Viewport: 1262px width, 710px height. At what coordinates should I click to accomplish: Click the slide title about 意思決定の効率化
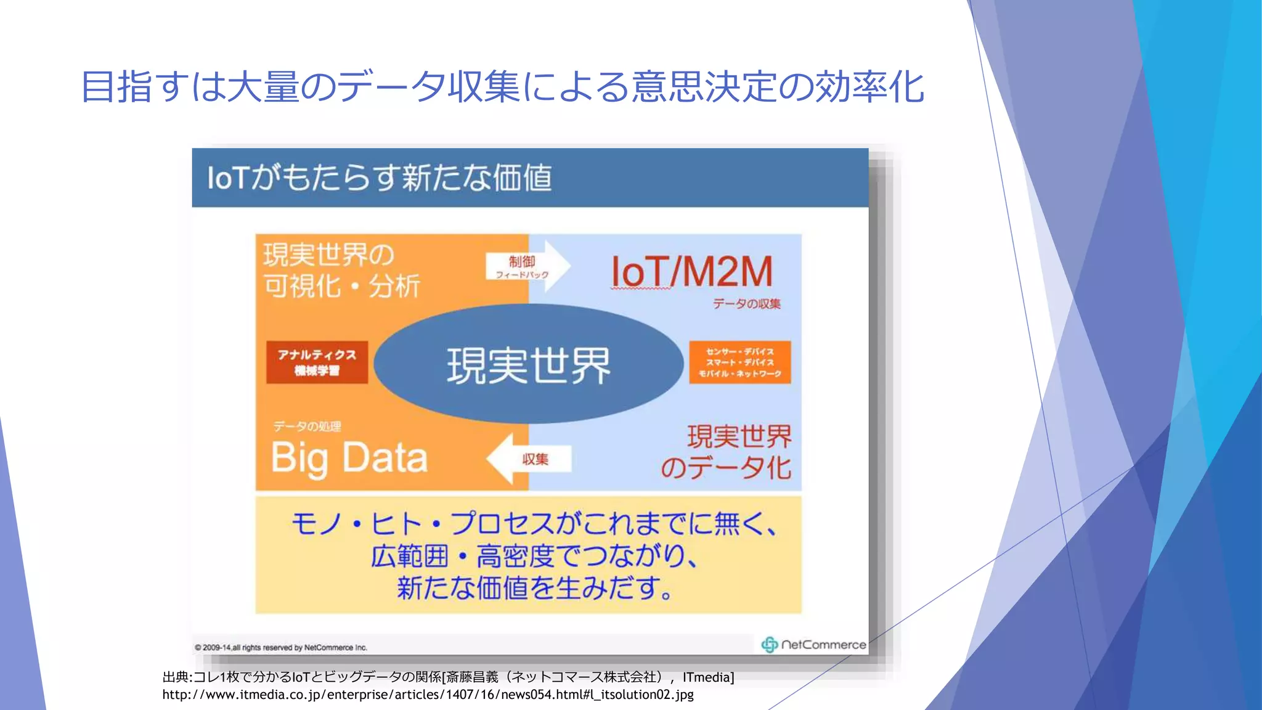coord(502,87)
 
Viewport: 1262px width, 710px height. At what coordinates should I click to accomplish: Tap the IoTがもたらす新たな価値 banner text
coord(379,178)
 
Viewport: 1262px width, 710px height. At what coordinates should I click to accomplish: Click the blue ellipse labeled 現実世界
coord(528,364)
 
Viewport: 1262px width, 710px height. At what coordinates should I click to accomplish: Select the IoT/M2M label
coord(691,271)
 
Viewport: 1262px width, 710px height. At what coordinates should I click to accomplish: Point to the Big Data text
coord(349,459)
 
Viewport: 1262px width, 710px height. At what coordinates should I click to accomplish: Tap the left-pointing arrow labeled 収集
coord(529,459)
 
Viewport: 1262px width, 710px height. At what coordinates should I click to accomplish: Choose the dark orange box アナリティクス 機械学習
coord(317,362)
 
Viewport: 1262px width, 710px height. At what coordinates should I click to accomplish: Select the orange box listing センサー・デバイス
coord(739,362)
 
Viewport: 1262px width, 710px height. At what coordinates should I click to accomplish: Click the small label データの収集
coord(746,304)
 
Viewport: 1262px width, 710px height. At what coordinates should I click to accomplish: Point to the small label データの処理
coord(307,426)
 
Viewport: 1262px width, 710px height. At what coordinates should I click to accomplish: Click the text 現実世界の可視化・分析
coord(341,271)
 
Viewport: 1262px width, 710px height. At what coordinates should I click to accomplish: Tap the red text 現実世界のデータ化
coord(727,452)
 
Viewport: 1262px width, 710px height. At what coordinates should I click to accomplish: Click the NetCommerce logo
coord(813,645)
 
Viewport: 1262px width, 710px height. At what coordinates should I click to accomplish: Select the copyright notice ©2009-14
coord(281,648)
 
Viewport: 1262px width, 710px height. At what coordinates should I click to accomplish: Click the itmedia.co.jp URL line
coord(428,695)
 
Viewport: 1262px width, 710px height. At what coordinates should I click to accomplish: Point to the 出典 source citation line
coord(448,677)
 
